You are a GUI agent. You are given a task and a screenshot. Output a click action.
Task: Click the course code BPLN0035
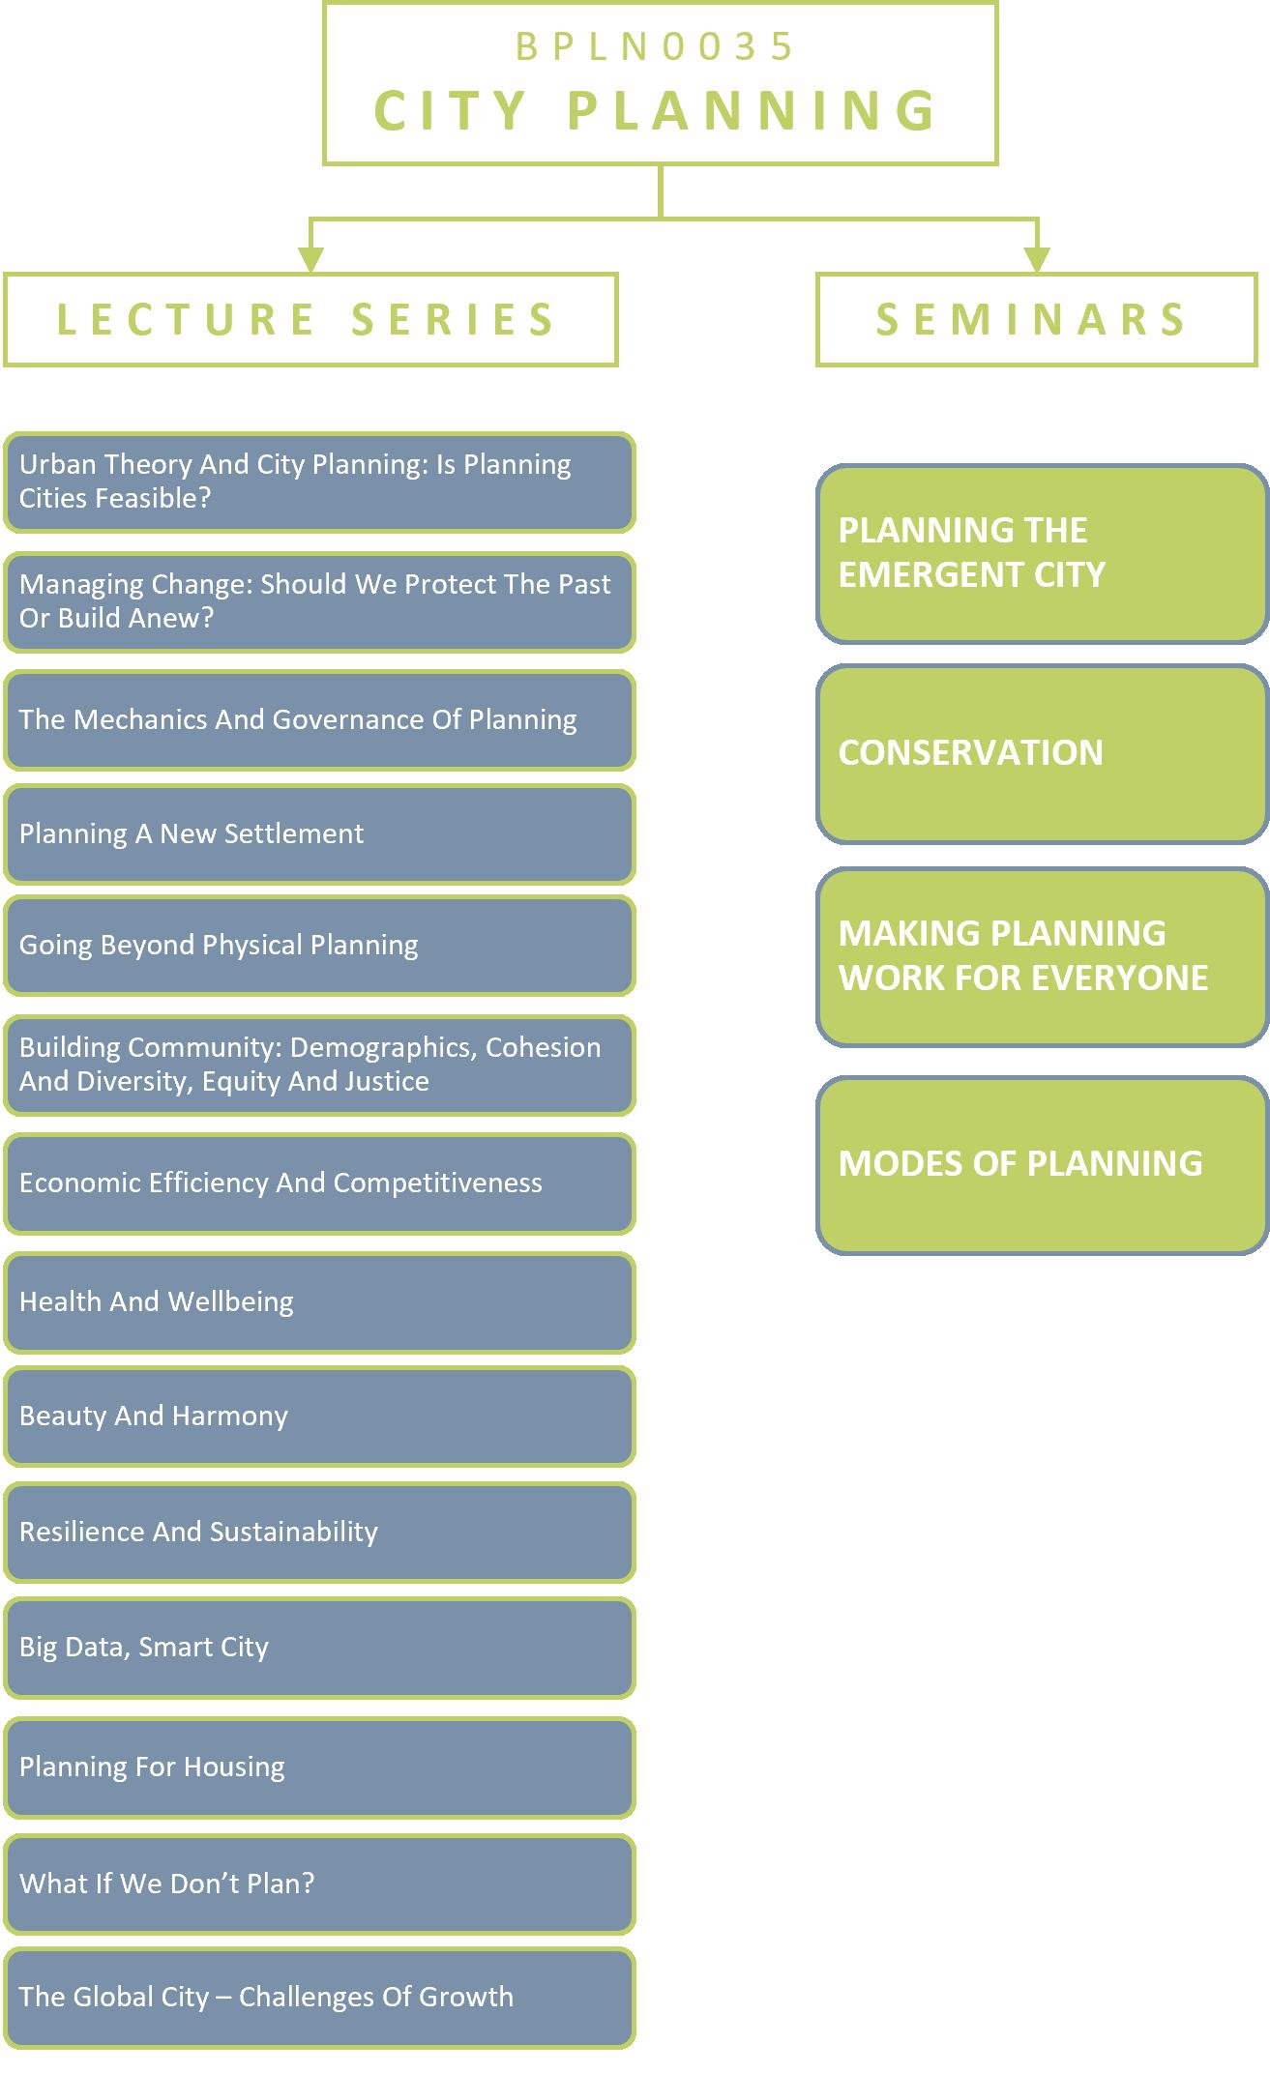655,46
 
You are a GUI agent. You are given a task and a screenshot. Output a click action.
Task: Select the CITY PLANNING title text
657,110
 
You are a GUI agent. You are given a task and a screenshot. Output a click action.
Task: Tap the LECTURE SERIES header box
310,320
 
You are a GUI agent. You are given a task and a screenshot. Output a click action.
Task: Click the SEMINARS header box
1036,320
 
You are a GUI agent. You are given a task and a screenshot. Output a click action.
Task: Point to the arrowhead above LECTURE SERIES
310,258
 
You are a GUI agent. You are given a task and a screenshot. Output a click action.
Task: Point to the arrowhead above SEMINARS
1037,258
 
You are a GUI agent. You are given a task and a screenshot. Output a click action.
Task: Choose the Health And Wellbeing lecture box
319,1301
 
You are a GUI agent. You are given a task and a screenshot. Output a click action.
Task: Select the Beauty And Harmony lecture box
319,1416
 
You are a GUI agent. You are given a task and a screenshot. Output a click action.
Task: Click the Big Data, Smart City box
319,1647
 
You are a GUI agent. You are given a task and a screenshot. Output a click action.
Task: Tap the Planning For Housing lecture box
319,1767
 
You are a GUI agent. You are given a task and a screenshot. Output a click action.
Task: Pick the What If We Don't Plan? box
319,1883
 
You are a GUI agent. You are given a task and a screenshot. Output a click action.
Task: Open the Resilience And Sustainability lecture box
319,1532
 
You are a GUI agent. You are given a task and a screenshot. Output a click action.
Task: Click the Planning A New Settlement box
319,833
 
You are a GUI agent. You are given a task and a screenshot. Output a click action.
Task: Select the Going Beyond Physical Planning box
319,945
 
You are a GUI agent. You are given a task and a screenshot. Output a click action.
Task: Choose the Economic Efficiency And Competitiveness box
319,1183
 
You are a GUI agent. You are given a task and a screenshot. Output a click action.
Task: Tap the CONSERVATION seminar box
1042,753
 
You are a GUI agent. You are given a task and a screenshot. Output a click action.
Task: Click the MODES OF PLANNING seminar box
1042,1164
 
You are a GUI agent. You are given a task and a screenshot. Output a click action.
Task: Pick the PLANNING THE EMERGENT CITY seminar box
1042,553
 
